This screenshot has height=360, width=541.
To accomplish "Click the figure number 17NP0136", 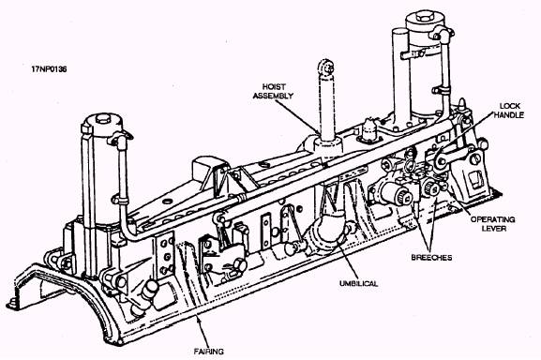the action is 49,69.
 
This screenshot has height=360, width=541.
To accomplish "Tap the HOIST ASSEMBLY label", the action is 273,91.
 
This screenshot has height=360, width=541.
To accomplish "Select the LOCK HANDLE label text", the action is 508,111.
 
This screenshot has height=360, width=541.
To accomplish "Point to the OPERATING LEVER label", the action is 492,223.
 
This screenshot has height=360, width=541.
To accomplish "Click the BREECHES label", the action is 431,257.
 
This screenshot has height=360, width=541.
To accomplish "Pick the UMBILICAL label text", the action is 358,283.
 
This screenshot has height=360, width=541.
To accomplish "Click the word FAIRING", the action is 208,352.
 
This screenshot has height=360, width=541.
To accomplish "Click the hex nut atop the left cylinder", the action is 103,119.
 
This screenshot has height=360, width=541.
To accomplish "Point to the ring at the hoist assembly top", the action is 325,67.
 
